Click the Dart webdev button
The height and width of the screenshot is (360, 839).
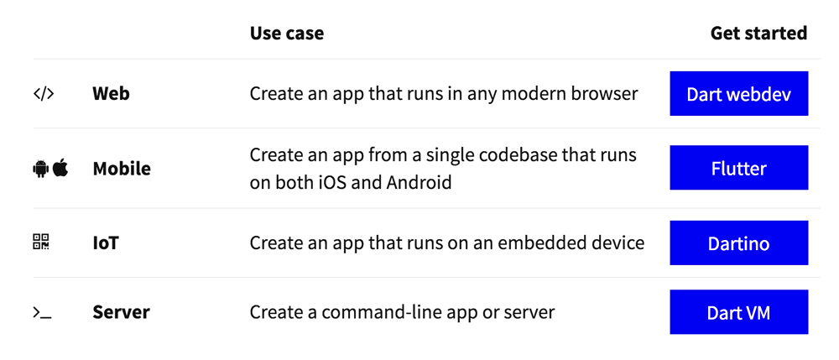coord(738,94)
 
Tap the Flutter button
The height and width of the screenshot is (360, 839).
coord(738,168)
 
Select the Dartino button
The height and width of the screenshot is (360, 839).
coord(738,243)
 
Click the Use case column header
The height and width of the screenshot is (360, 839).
coord(287,34)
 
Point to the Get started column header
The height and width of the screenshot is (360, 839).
coord(758,34)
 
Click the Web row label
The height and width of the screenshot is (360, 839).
coord(111,94)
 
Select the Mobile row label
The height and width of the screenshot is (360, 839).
coord(122,169)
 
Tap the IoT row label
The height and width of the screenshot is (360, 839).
coord(106,243)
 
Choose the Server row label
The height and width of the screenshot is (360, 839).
coord(121,312)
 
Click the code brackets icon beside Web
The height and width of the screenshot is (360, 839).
coord(44,94)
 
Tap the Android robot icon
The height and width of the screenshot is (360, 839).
coord(40,169)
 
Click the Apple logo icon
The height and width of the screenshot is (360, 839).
coord(60,168)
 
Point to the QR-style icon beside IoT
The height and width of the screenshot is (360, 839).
coord(41,242)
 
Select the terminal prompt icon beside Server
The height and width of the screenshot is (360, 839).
coord(42,313)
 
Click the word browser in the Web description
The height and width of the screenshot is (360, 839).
coord(605,94)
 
